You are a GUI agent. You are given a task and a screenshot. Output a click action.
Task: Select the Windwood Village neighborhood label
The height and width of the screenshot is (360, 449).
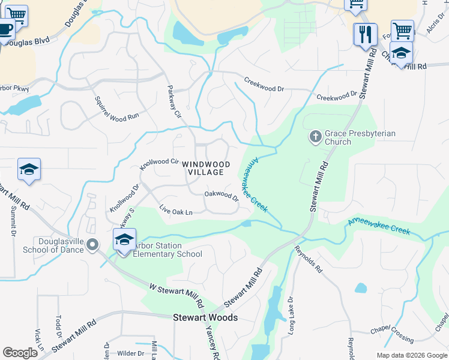tap(206, 168)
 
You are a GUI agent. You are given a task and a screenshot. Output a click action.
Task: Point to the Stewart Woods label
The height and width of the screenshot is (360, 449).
tap(205, 317)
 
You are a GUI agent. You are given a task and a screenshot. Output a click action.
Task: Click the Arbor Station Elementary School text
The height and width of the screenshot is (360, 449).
tap(167, 250)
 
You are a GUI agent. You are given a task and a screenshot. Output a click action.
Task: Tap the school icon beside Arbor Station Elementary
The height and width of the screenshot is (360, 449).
tap(124, 240)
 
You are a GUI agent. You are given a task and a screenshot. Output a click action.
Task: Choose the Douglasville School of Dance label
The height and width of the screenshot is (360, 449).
tap(53, 245)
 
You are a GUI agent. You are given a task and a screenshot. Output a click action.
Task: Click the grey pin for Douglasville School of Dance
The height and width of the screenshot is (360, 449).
tap(92, 245)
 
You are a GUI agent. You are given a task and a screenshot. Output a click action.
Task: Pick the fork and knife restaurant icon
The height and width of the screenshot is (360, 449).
tap(364, 35)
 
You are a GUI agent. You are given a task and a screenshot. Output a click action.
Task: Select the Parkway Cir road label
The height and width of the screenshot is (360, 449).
tap(173, 101)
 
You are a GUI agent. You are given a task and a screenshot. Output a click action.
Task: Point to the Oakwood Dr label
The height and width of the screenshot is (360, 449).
tap(221, 196)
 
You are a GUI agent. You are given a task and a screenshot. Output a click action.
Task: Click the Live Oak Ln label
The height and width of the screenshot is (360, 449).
tap(176, 211)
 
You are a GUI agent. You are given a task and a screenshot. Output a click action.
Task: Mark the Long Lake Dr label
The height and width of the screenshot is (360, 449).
tap(291, 316)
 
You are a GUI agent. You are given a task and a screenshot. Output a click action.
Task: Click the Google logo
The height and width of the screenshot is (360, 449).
tap(20, 353)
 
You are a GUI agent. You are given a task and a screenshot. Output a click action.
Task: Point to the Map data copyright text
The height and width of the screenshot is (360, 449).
tap(411, 355)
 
